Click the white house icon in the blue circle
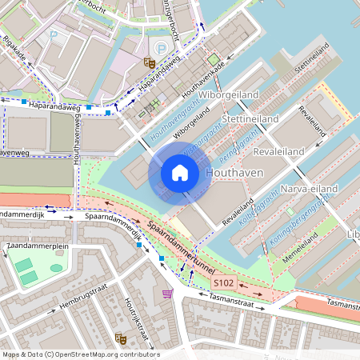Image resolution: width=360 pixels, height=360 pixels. pos(180,172)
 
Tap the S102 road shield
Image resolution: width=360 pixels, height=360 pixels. pos(222,283)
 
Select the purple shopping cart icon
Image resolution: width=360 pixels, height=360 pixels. pos(166,294)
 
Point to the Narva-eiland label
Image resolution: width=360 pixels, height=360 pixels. pos(310,188)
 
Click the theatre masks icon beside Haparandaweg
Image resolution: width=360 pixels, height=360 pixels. pos(148,62)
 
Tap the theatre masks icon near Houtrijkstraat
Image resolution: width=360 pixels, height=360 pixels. pos(119,338)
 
